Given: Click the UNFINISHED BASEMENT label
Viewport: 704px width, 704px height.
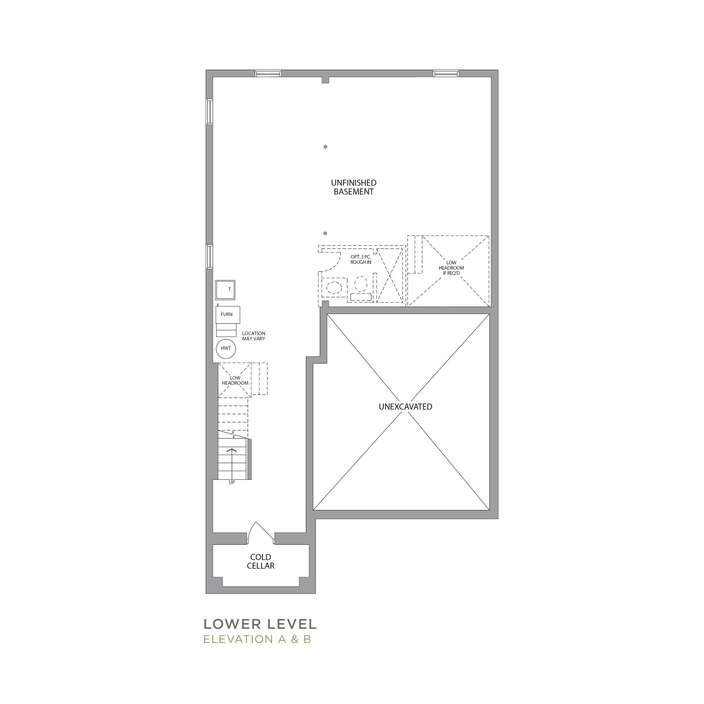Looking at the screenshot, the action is point(353,187).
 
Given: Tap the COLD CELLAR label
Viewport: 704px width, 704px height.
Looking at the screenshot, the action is point(260,562).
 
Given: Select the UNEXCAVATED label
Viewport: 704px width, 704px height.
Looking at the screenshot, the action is point(405,407).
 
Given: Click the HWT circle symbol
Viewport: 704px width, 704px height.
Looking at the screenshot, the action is point(226,349).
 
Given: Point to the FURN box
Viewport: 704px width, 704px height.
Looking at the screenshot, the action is point(228,315).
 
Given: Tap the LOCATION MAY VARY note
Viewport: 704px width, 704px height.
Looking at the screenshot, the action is point(254,336).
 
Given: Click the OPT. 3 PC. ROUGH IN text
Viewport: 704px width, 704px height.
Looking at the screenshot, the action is point(361,259).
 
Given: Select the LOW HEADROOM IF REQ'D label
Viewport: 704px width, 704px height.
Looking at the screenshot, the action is point(451,268).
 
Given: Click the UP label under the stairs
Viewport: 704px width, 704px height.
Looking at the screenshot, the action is point(232,482).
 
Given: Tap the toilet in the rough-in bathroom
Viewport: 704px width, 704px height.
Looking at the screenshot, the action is point(361,288).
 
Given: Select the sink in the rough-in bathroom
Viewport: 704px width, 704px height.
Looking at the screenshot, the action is point(334,287).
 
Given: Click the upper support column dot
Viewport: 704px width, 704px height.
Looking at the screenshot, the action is point(325,147).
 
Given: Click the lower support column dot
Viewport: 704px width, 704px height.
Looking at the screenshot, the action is point(325,233).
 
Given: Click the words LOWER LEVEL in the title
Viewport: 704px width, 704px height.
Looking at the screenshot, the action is point(260,624).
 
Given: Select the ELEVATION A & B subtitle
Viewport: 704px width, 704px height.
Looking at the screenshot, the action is point(257,639).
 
